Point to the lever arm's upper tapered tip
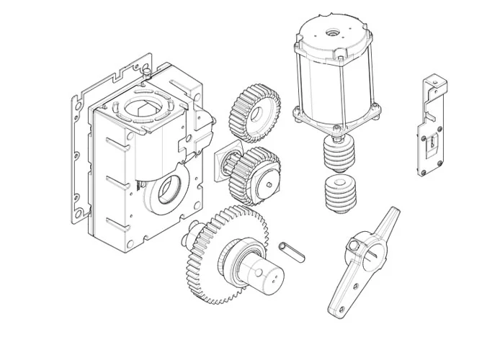coord(390,215)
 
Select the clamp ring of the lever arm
coord(364,248)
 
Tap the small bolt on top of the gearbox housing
coord(146,71)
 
